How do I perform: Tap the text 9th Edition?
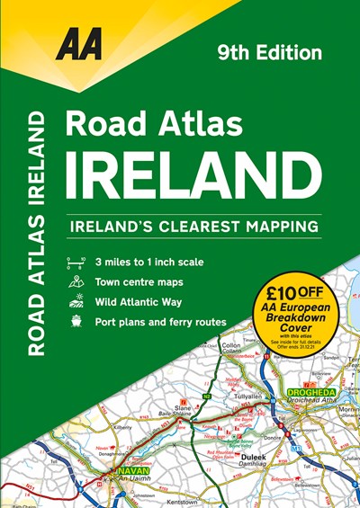(270, 53)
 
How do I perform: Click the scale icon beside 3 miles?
(76, 263)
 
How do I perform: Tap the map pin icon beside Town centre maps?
(76, 281)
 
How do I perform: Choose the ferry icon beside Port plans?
(76, 320)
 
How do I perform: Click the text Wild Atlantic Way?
(144, 301)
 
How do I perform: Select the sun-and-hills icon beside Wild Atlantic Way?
(76, 301)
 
